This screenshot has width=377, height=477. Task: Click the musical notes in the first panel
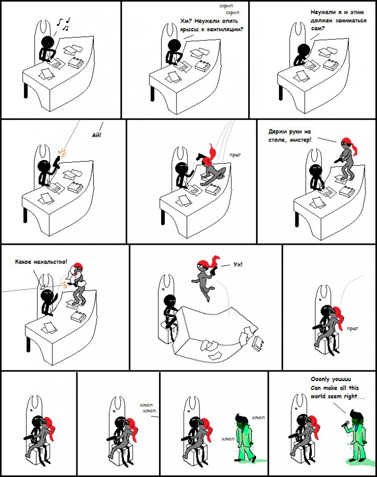pyautogui.click(x=64, y=24)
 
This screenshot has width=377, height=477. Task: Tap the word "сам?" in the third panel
pyautogui.click(x=318, y=28)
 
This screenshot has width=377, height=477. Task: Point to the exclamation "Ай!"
pyautogui.click(x=97, y=135)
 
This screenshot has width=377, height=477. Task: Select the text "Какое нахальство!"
pyautogui.click(x=41, y=262)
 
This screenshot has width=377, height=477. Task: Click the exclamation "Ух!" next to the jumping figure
pyautogui.click(x=238, y=264)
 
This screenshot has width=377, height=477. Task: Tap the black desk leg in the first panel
pyautogui.click(x=25, y=90)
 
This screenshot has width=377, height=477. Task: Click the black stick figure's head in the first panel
pyautogui.click(x=48, y=42)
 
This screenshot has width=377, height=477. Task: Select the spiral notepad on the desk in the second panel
pyautogui.click(x=203, y=65)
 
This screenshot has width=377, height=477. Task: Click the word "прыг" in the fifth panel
pyautogui.click(x=235, y=155)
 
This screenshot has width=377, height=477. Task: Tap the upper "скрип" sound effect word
pyautogui.click(x=226, y=6)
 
